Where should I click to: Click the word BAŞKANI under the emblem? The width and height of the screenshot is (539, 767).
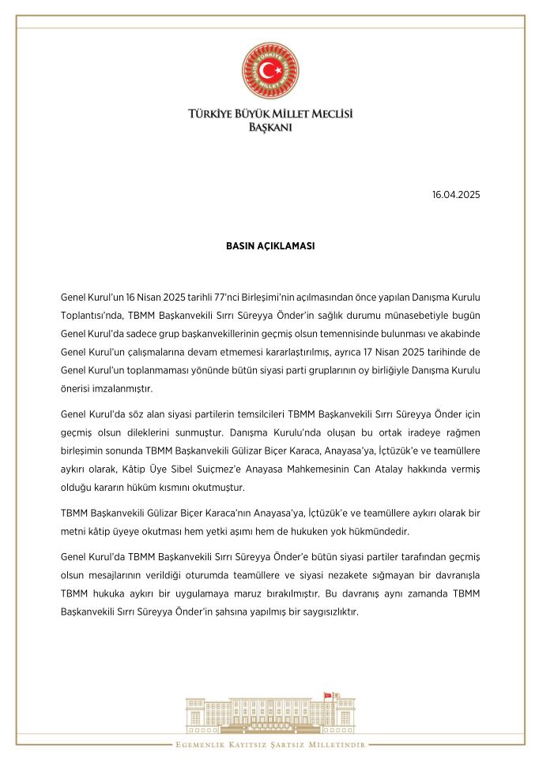coord(269,127)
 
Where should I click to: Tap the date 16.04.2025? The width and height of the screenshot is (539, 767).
coord(456,194)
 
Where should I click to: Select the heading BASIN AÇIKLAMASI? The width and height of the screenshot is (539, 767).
coord(269,245)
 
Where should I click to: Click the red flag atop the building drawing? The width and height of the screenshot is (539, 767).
coord(327,694)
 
